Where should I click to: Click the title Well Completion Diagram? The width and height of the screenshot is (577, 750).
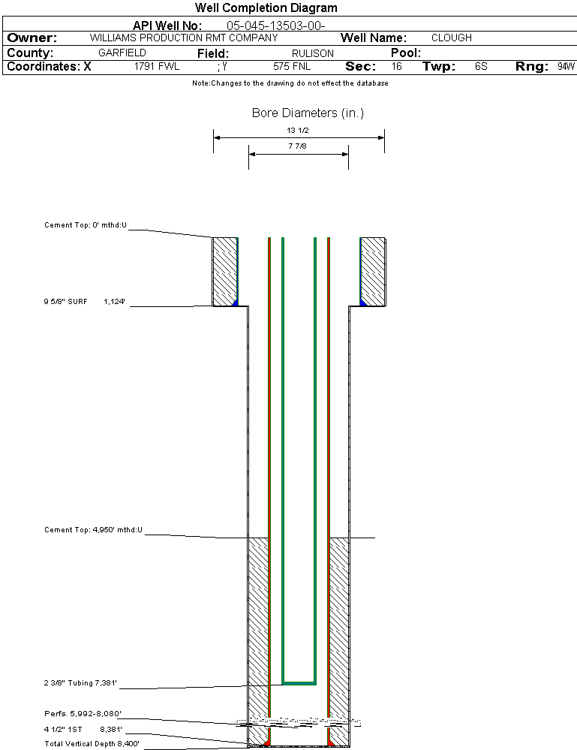266,8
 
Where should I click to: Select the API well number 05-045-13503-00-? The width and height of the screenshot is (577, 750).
276,26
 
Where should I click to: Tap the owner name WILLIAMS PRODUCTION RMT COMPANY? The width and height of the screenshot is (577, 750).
184,38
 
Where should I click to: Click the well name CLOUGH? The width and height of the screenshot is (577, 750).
451,38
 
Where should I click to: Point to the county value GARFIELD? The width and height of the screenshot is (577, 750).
122,53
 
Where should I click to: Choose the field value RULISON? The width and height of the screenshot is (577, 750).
313,53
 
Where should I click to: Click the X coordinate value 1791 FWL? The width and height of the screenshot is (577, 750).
156,67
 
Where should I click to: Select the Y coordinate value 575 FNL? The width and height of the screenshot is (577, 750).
292,67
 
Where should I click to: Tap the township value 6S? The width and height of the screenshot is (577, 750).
481,67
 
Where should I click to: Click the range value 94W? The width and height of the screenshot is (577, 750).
566,67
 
